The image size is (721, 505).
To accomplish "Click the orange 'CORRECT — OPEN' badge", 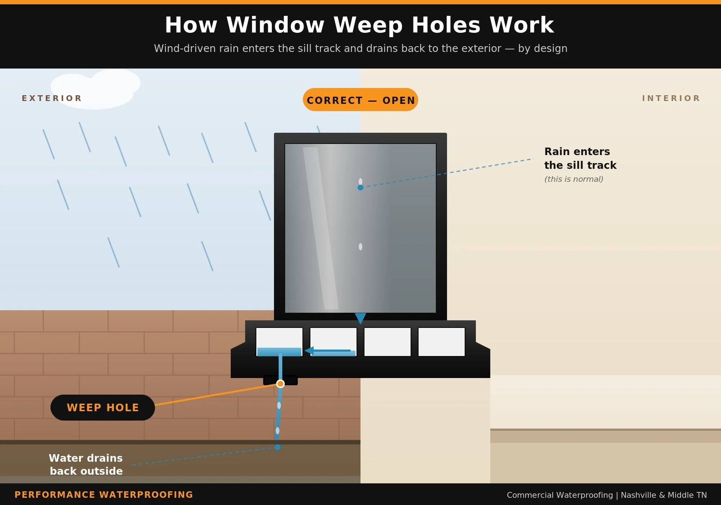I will [360, 100].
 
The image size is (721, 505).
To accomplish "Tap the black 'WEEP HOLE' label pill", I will [103, 408].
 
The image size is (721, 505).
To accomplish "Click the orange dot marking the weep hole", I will [280, 384].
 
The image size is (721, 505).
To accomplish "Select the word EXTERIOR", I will [52, 98].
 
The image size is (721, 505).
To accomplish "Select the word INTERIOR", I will [671, 98].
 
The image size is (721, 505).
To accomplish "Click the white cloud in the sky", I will [96, 88].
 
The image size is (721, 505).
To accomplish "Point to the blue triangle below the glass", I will [360, 318].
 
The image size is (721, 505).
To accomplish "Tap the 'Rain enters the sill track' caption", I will [580, 158].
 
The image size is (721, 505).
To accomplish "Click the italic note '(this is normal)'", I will [574, 179].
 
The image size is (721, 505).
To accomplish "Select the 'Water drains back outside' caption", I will [86, 464].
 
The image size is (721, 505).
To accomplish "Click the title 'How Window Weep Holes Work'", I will [359, 25].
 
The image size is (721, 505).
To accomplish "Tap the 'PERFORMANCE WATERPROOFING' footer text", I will [104, 495].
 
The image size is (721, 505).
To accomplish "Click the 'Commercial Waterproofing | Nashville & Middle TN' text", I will [607, 495].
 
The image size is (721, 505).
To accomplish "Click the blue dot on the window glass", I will [360, 188].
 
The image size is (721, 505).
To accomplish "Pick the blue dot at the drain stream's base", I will [278, 447].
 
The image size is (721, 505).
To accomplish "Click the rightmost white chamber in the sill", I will [442, 342].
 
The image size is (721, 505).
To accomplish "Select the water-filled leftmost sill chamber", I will [279, 342].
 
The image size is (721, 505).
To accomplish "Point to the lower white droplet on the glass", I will [360, 247].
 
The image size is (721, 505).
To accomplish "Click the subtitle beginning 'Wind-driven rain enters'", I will [360, 48].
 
